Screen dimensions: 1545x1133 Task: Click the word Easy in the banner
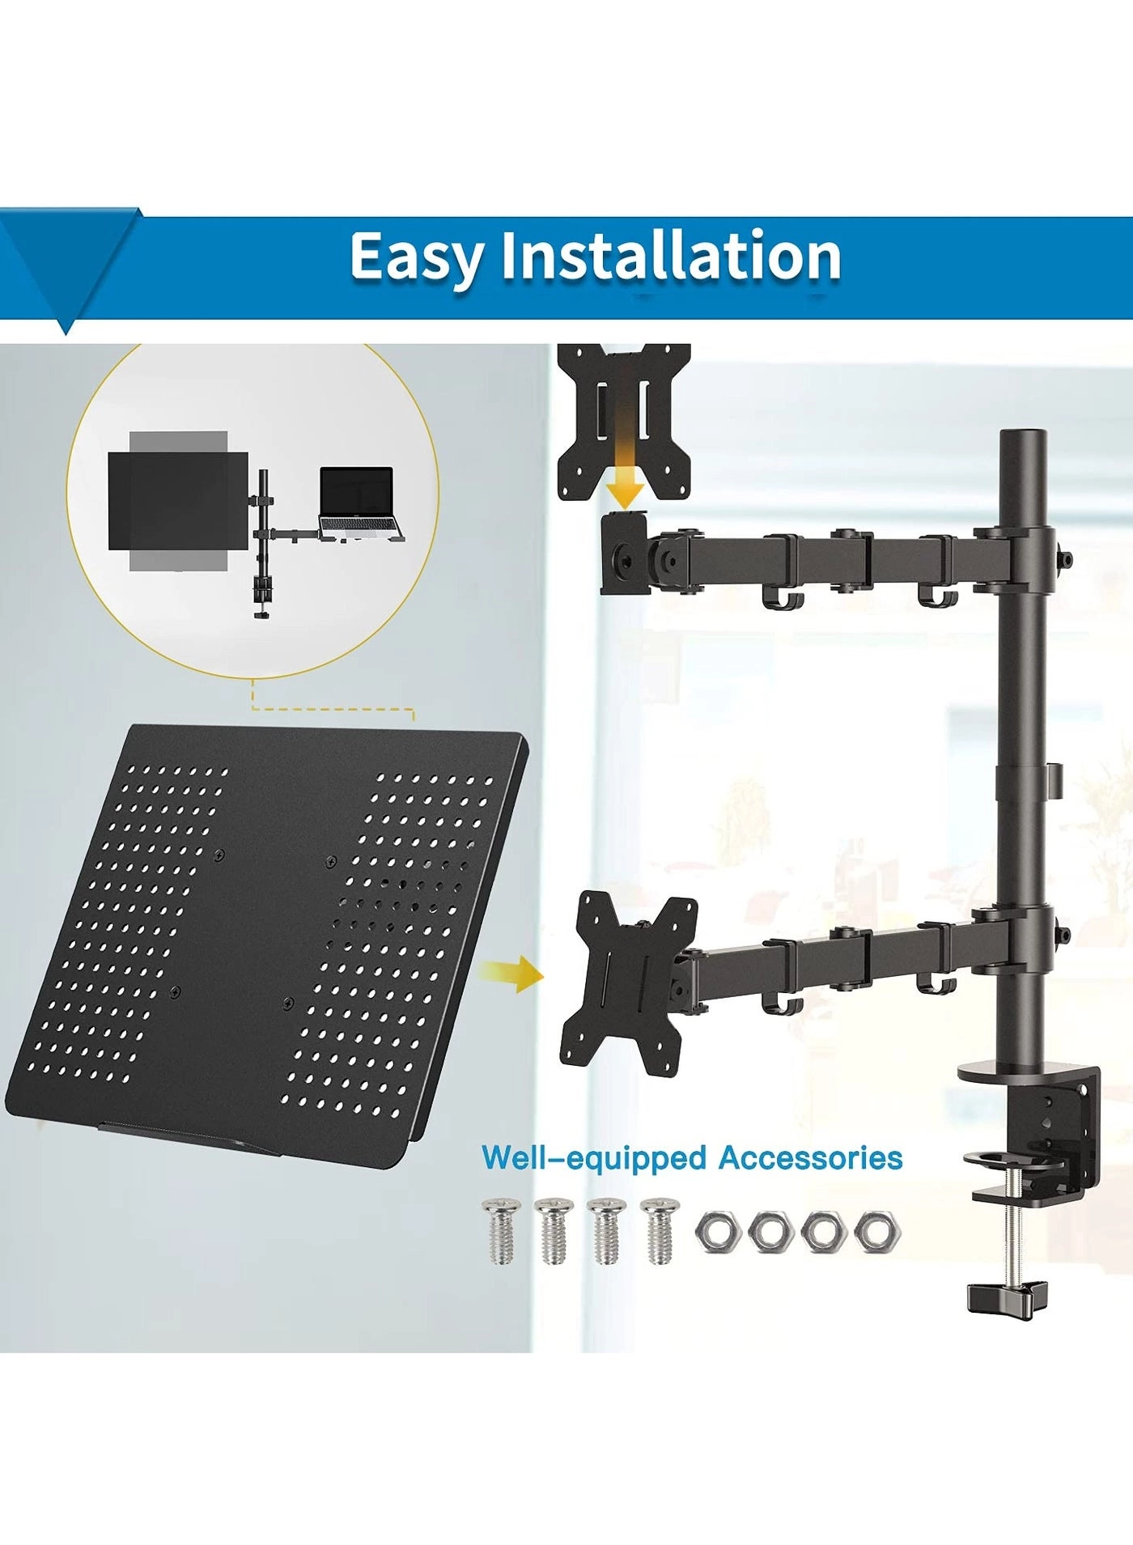point(416,257)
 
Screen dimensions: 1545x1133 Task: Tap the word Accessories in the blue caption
point(810,1158)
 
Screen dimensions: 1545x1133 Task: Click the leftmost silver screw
point(499,1231)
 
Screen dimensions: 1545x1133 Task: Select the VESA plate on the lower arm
point(628,981)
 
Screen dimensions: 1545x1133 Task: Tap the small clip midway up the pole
point(1053,776)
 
